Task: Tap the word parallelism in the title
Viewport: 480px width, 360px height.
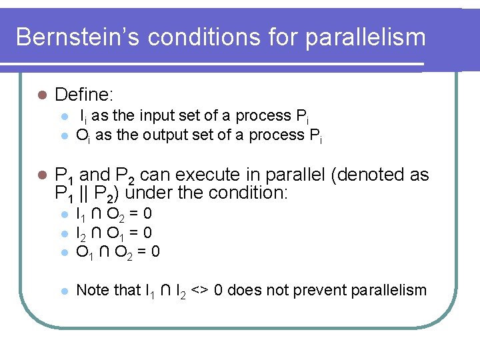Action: point(365,37)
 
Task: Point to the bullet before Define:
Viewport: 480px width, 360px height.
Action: point(41,95)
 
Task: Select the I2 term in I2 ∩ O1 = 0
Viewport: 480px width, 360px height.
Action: point(81,233)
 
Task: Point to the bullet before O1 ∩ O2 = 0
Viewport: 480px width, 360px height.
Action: point(64,251)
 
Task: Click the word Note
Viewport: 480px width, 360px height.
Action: point(91,290)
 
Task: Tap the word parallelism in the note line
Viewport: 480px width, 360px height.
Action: point(389,290)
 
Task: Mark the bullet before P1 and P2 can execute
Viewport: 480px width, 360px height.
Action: point(41,175)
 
